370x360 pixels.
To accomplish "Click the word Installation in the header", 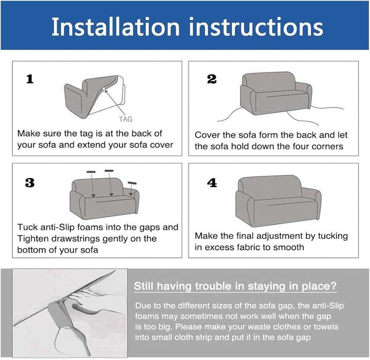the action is pyautogui.click(x=116, y=27).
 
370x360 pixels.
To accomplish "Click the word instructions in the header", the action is pyautogui.click(x=256, y=27).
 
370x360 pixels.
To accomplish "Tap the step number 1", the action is pyautogui.click(x=30, y=79).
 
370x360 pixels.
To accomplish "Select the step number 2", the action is pyautogui.click(x=212, y=79).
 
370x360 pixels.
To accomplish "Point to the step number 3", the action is pyautogui.click(x=30, y=183).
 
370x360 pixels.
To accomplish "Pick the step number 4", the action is pyautogui.click(x=212, y=183).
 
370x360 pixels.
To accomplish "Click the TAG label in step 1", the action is pyautogui.click(x=125, y=119).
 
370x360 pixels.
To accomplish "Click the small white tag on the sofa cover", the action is pyautogui.click(x=104, y=88).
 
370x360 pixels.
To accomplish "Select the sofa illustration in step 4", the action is pyautogui.click(x=278, y=201).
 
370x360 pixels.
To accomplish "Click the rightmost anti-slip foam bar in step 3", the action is pyautogui.click(x=132, y=183).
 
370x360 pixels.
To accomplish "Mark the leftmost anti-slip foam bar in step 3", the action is pyautogui.click(x=91, y=172).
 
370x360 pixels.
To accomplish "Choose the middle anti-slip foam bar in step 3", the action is pyautogui.click(x=109, y=171).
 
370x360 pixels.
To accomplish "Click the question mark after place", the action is pyautogui.click(x=334, y=286).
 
